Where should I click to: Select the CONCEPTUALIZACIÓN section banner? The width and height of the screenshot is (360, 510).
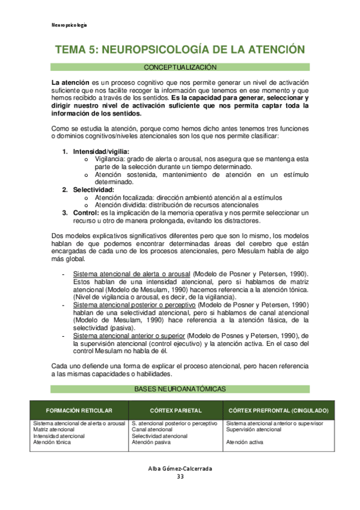pos(180,67)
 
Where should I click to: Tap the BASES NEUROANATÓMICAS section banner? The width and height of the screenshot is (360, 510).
pos(180,389)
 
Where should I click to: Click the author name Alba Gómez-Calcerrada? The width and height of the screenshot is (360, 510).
pos(180,469)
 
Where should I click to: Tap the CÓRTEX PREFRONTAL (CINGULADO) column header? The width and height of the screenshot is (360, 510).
pos(277,410)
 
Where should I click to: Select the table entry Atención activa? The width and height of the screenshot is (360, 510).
pos(245,442)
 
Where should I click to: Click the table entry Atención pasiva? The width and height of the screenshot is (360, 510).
pos(151,442)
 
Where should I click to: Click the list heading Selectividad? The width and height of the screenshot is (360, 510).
pos(93,190)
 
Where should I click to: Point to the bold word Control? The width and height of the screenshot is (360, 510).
pos(86,213)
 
